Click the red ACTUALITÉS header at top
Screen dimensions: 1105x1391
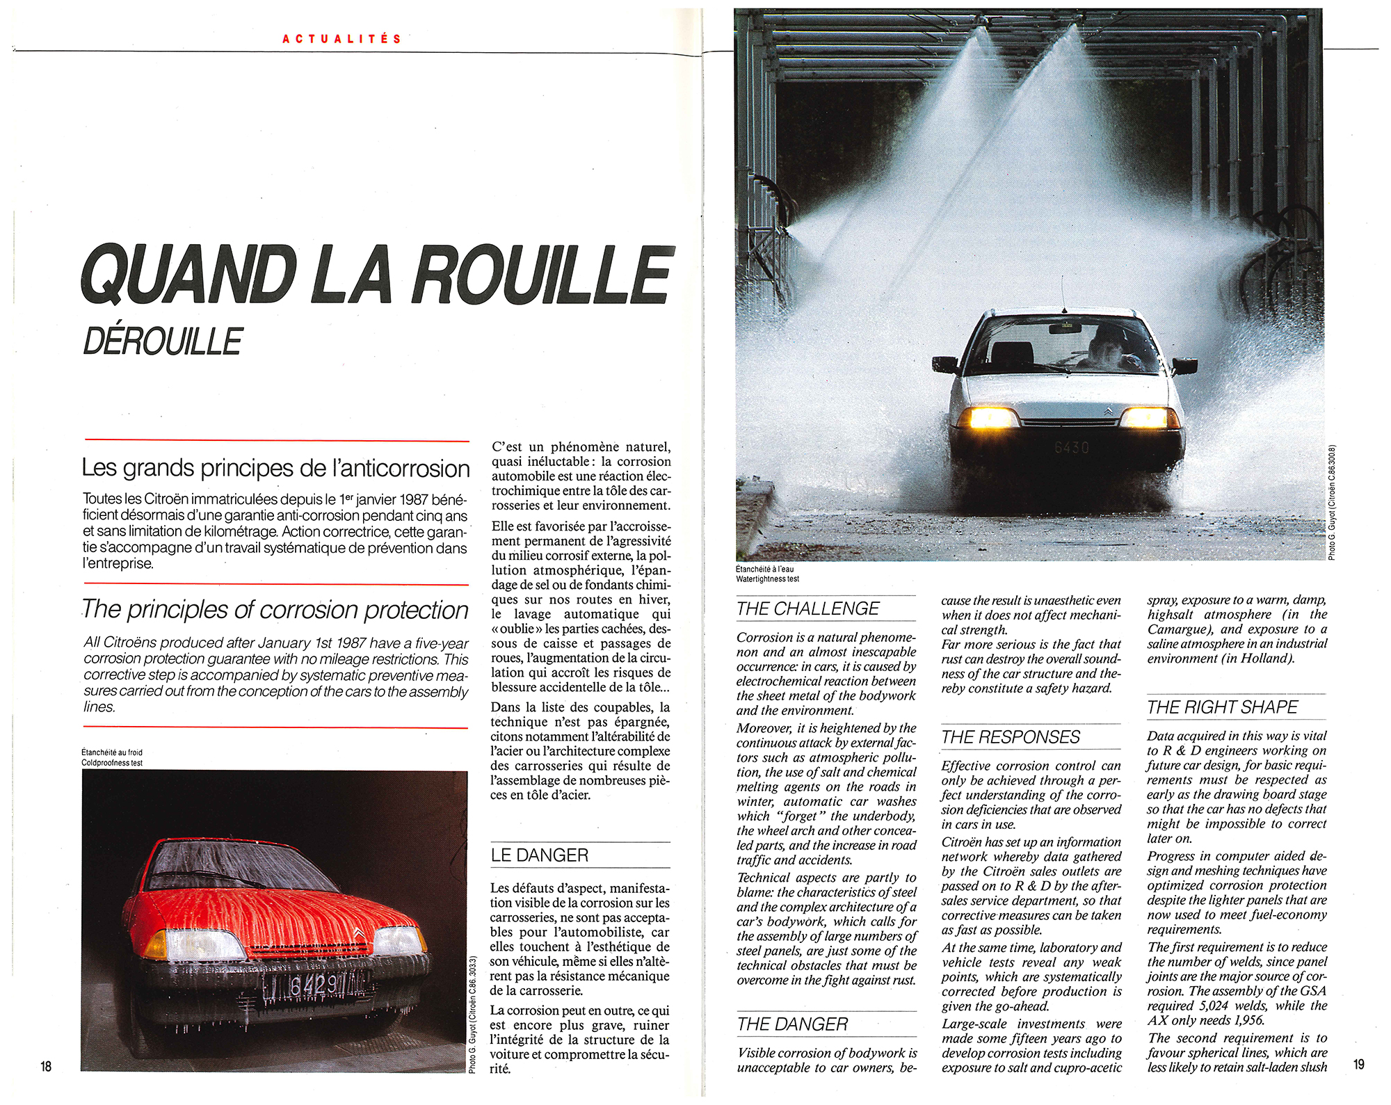(x=341, y=39)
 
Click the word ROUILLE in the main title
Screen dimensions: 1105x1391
(x=542, y=275)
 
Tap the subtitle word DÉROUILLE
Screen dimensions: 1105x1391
(x=162, y=342)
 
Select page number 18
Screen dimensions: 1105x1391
(x=46, y=1065)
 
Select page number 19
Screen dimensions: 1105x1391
(x=1358, y=1064)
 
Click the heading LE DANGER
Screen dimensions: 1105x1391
(x=539, y=855)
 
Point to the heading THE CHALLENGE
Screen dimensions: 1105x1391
(x=807, y=609)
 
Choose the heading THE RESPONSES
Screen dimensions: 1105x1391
(x=1011, y=737)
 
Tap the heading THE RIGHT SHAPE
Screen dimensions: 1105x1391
(x=1222, y=707)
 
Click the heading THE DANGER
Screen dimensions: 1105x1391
(x=792, y=1024)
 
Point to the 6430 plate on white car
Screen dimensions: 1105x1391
(x=1071, y=447)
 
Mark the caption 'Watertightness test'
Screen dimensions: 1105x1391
(x=767, y=579)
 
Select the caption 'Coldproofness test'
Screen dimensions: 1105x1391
(x=111, y=763)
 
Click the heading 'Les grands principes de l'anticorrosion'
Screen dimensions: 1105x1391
(x=275, y=468)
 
